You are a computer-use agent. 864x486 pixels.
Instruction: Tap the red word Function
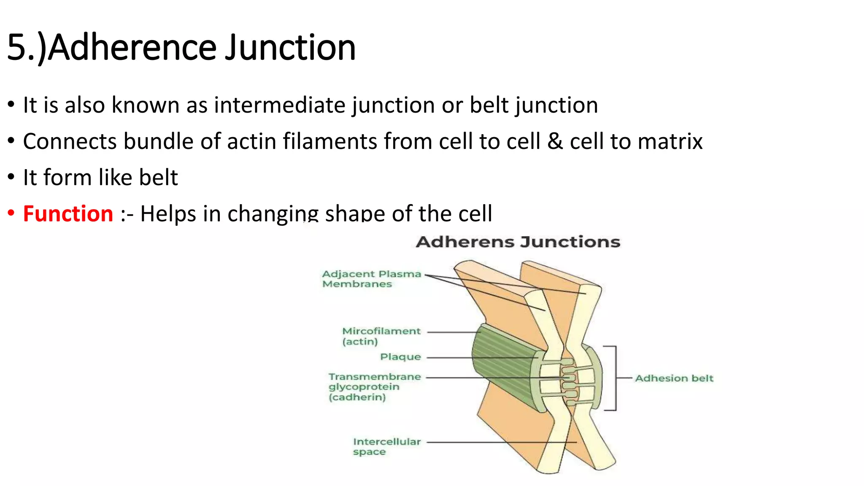[68, 213]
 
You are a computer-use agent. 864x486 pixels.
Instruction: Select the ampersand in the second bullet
[555, 141]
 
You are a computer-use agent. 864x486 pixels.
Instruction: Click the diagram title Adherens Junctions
[518, 242]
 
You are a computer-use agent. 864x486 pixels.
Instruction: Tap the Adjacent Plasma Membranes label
[371, 279]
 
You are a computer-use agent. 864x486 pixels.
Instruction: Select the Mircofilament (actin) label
[381, 336]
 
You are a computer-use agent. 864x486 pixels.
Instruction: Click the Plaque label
[400, 357]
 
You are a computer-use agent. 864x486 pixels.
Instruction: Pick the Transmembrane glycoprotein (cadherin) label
[374, 387]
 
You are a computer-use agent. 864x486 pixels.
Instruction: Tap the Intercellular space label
[386, 446]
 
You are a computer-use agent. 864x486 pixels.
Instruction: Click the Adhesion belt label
[674, 378]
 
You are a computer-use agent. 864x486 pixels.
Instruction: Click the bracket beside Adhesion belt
[615, 378]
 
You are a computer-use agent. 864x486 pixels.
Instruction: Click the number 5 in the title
[17, 47]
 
